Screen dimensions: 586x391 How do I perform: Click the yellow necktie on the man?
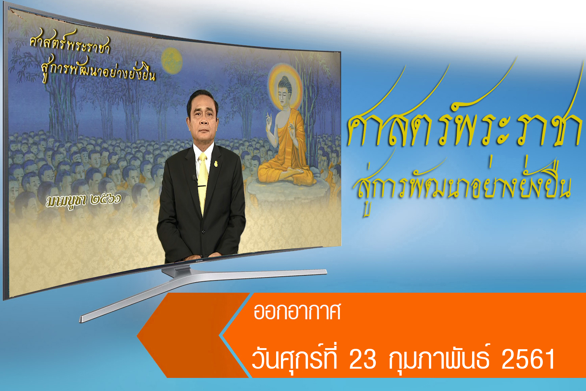[203, 183]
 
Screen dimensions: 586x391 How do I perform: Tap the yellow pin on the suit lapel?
[216, 164]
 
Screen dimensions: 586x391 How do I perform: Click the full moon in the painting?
[172, 61]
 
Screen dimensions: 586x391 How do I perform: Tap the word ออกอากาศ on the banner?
[297, 311]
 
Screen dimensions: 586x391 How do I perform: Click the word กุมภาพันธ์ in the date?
[439, 358]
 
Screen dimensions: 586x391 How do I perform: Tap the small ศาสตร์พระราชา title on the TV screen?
[70, 43]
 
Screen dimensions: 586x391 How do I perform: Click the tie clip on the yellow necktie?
[202, 186]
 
